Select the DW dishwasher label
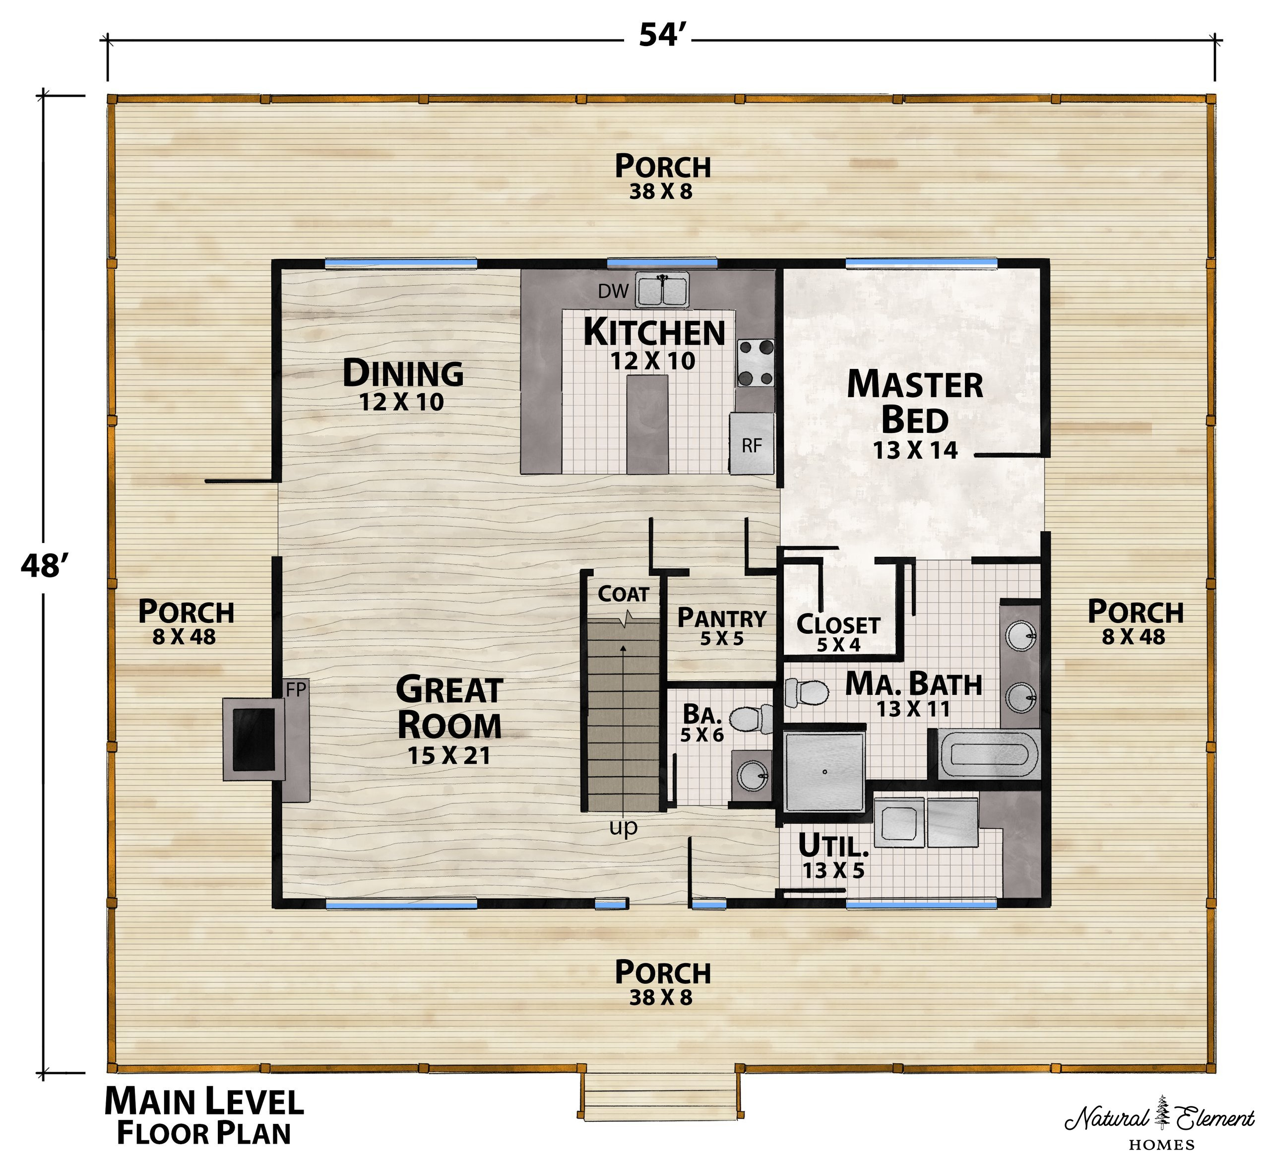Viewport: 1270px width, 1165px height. [x=613, y=291]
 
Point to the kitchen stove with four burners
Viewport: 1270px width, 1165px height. [x=756, y=363]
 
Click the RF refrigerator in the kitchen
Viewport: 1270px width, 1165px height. [x=752, y=443]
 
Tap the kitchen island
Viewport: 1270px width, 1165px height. [x=647, y=424]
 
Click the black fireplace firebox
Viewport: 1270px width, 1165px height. [x=254, y=739]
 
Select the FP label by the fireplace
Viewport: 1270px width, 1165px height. [x=296, y=690]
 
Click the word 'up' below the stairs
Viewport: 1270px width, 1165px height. [x=623, y=827]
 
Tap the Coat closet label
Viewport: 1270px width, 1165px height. [x=623, y=594]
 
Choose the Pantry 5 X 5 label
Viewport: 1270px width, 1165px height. [x=721, y=626]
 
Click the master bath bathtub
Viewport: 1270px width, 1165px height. [x=988, y=755]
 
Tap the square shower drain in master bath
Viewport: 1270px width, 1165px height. [x=824, y=772]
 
